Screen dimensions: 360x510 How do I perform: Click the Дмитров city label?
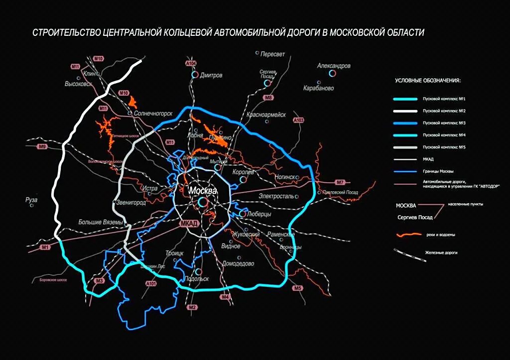[x=211, y=76]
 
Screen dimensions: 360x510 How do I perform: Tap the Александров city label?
[x=334, y=66]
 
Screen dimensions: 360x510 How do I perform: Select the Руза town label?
[x=31, y=200]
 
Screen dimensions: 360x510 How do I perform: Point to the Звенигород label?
[x=132, y=203]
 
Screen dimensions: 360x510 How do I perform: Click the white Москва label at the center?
[x=199, y=191]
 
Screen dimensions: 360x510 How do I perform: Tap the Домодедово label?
[x=239, y=264]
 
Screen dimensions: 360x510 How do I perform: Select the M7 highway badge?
[x=340, y=182]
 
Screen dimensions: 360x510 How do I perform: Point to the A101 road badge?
[x=151, y=284]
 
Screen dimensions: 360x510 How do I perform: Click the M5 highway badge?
[x=298, y=288]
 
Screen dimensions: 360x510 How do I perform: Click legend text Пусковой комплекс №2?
[x=443, y=110]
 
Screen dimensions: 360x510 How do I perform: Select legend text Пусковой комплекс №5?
[x=443, y=148]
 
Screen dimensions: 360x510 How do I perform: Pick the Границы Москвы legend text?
[x=437, y=171]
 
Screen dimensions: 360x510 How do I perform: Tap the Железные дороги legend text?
[x=441, y=252]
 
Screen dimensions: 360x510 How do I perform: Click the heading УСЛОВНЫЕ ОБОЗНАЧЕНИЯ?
[x=427, y=80]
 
